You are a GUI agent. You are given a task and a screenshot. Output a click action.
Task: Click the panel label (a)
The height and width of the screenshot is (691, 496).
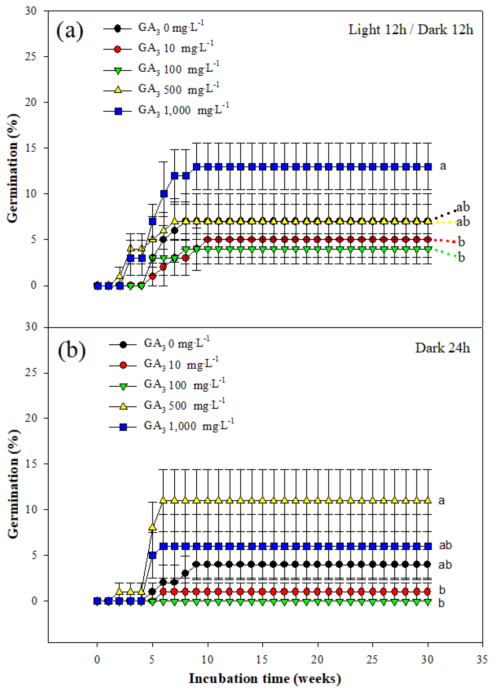pyautogui.click(x=70, y=31)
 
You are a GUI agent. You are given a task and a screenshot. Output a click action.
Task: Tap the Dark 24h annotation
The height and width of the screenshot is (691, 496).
pyautogui.click(x=442, y=348)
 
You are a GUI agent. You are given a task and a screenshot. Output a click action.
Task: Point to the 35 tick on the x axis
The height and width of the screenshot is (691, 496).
pyautogui.click(x=482, y=659)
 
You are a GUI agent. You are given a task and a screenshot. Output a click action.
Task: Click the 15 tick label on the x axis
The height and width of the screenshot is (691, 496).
pyautogui.click(x=262, y=659)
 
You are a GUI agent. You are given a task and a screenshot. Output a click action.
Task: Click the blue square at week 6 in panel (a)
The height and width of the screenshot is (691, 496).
pyautogui.click(x=164, y=194)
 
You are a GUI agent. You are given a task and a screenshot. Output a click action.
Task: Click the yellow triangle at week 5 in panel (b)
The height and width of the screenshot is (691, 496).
pyautogui.click(x=153, y=527)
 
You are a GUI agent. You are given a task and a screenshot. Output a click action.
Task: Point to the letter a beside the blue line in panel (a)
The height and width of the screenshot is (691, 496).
pyautogui.click(x=443, y=166)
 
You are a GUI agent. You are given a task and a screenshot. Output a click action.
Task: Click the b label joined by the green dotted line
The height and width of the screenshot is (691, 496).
pyautogui.click(x=461, y=258)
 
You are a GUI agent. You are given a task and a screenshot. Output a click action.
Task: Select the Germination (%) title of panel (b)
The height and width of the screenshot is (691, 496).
pyautogui.click(x=13, y=484)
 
